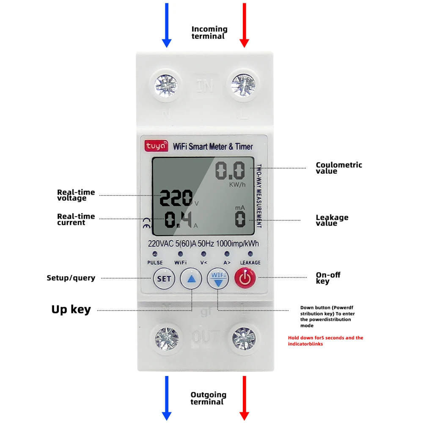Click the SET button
[x=164, y=279]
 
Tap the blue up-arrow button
[x=191, y=279]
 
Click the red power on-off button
[x=245, y=279]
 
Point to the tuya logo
[x=157, y=146]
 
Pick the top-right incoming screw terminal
[x=244, y=85]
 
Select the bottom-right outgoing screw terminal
[x=244, y=338]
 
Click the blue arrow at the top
[x=167, y=25]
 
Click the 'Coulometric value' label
[x=339, y=168]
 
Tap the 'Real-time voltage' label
[x=76, y=195]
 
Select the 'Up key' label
[x=71, y=310]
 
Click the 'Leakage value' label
[x=332, y=220]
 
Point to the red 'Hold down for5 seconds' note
[x=325, y=341]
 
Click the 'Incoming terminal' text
[x=209, y=33]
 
